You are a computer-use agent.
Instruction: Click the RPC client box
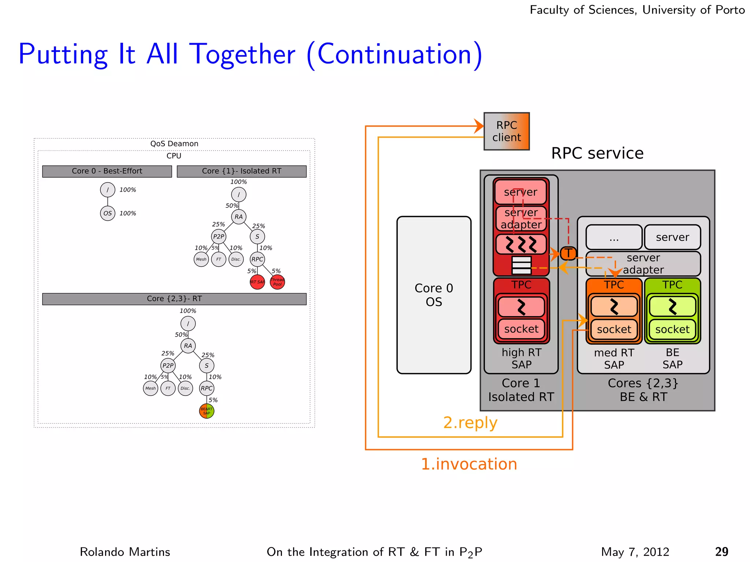506,131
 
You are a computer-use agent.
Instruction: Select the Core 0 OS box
434,295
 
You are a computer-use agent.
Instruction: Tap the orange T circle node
568,253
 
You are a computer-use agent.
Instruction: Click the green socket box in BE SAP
672,329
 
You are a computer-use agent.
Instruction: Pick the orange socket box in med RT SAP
614,329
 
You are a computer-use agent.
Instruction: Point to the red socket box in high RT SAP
521,329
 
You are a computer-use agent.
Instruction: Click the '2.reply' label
470,423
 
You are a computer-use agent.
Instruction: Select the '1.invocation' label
469,464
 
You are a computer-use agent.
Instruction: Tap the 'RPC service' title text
597,153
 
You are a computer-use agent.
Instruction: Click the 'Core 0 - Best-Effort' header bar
107,171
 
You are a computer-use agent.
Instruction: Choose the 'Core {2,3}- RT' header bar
174,299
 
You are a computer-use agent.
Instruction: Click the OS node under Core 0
108,213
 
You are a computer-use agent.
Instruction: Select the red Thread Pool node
277,282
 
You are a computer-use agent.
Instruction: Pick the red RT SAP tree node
257,282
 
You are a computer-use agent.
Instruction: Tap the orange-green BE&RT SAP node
207,411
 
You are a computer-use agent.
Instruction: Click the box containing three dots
614,237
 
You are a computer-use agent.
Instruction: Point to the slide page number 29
721,552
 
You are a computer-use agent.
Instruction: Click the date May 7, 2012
635,552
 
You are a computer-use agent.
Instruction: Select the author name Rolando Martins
125,552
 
